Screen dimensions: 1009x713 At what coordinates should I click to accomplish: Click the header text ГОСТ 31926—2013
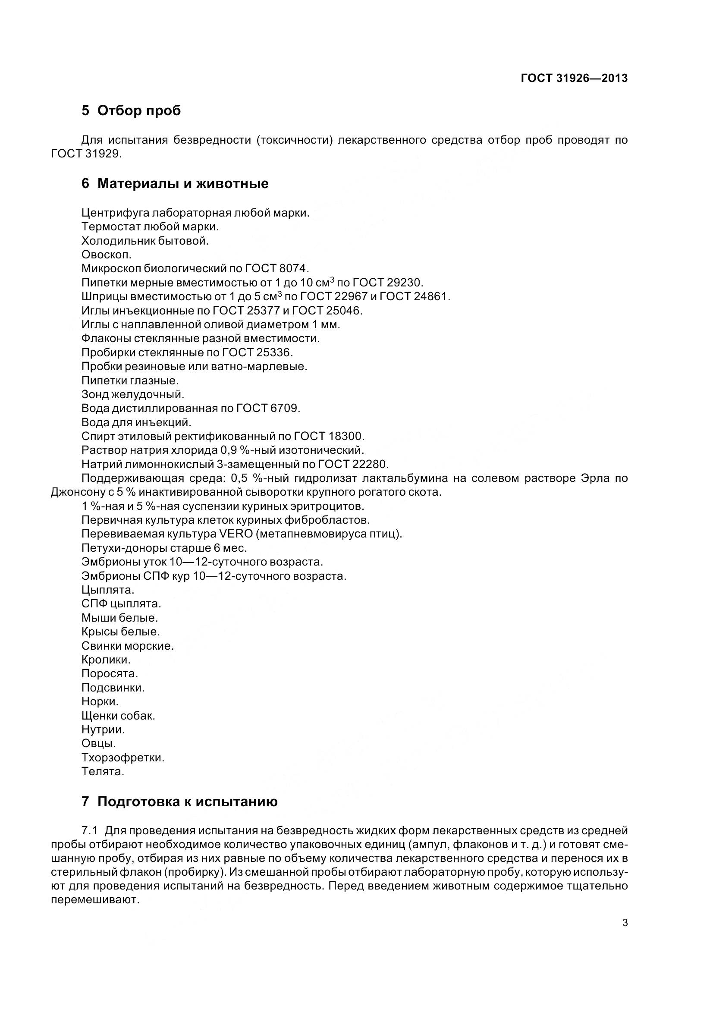(x=574, y=78)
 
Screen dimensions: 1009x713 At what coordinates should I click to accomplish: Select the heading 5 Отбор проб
(x=131, y=110)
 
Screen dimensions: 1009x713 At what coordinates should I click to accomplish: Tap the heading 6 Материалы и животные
(x=175, y=183)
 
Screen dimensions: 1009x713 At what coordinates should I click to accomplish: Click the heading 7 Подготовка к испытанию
(x=179, y=802)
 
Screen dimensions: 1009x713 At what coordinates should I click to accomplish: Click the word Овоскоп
(x=106, y=255)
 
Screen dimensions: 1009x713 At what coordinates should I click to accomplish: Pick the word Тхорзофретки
(x=122, y=758)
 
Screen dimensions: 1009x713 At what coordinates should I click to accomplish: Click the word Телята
(x=103, y=771)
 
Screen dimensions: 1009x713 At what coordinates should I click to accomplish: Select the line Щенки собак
(x=118, y=715)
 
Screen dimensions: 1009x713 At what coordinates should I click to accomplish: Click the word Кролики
(x=106, y=660)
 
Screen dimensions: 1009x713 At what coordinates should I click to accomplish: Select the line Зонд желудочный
(x=133, y=394)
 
